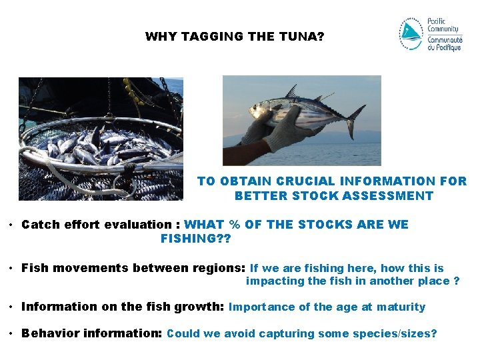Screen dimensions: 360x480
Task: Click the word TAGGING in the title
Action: [x=211, y=37]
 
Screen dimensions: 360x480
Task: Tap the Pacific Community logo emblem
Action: [x=411, y=34]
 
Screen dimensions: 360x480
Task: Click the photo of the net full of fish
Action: [x=101, y=139]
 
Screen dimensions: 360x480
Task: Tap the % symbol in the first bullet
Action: [x=234, y=225]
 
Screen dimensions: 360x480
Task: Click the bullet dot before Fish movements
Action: [x=12, y=268]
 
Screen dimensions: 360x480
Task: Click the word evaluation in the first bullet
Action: [x=140, y=225]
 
